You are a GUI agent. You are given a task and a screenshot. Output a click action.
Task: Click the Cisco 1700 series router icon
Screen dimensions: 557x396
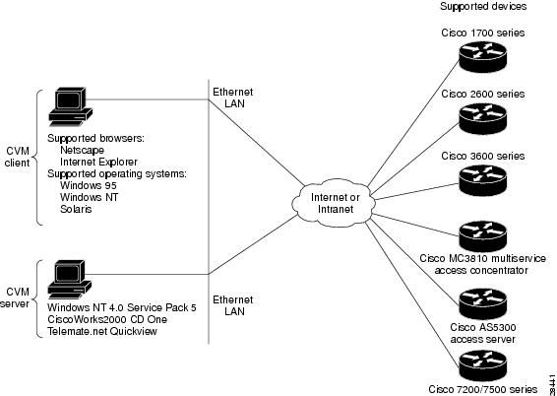(x=482, y=57)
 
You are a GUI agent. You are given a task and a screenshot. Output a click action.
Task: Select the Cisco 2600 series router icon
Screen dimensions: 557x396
(x=482, y=118)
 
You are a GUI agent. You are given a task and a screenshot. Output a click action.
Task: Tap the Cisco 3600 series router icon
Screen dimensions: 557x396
(x=482, y=180)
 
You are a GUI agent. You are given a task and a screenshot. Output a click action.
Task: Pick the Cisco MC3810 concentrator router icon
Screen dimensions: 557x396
(x=482, y=236)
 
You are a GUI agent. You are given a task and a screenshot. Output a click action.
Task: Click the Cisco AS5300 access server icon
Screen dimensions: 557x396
(x=482, y=303)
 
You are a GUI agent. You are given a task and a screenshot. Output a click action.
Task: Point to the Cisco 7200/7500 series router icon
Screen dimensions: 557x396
(x=482, y=365)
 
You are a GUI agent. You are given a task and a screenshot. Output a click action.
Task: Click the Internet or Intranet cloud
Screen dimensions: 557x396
(x=335, y=203)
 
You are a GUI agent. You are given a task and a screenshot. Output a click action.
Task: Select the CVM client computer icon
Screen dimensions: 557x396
(x=70, y=106)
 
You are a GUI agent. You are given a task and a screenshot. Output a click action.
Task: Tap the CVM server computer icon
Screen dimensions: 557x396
(x=70, y=280)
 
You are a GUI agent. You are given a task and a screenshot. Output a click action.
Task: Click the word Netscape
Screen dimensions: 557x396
(x=82, y=150)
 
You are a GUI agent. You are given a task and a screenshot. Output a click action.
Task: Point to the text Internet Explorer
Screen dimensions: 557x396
(x=98, y=162)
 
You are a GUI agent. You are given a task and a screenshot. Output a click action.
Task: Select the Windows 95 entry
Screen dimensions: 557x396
(x=89, y=185)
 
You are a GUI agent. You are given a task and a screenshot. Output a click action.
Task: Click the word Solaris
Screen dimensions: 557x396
(x=76, y=209)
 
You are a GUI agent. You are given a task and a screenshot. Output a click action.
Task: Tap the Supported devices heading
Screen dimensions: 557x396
(x=483, y=6)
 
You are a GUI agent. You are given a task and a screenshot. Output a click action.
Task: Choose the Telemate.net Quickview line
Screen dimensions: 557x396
(x=102, y=331)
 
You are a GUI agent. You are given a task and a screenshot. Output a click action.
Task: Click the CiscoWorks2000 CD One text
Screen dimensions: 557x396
(x=107, y=319)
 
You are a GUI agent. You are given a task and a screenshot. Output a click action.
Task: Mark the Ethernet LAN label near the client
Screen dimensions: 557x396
(x=233, y=98)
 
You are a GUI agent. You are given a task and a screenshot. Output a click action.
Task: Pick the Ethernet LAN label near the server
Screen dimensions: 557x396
(x=233, y=305)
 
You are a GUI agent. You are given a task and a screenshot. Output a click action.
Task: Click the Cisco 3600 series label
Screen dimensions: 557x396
(x=483, y=156)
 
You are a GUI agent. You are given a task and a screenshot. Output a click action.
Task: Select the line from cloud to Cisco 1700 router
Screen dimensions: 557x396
(x=413, y=123)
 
